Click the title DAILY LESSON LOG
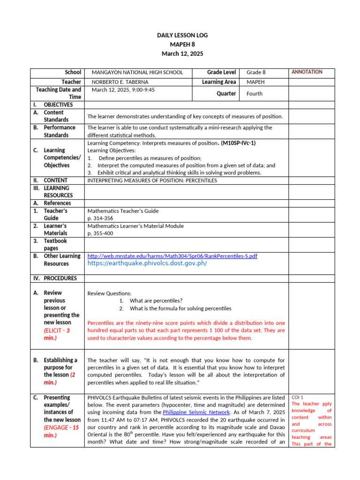click(182, 35)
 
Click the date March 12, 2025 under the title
click(182, 54)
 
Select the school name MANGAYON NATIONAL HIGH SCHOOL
click(137, 73)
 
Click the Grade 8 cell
click(256, 73)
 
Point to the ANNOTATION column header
click(307, 72)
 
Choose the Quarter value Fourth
click(255, 94)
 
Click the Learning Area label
click(219, 82)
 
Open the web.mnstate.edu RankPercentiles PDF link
click(172, 256)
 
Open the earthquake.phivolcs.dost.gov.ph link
click(147, 263)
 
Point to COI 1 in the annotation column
click(298, 397)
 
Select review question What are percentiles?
click(156, 301)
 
